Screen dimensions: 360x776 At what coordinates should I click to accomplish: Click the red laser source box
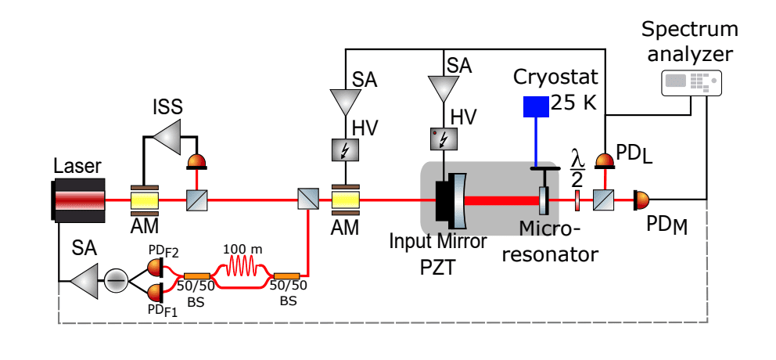79,200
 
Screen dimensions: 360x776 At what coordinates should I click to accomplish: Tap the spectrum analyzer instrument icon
692,82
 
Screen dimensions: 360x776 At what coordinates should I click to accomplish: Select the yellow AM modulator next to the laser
144,200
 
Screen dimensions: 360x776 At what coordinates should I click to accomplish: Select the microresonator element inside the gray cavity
544,200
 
